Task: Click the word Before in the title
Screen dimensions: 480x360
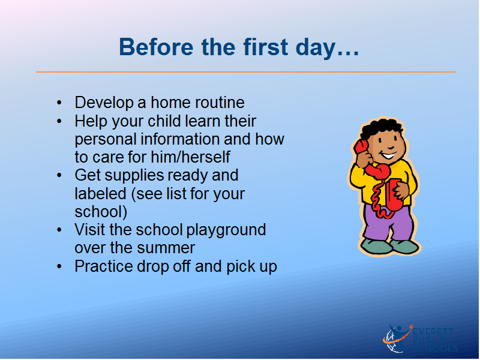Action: [156, 47]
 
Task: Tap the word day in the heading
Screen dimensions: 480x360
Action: [316, 49]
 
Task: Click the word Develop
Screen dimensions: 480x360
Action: [104, 103]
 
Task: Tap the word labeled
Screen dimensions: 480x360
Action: [100, 193]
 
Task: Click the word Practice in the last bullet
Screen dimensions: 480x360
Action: [104, 266]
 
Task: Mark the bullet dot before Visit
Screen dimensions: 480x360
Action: [59, 230]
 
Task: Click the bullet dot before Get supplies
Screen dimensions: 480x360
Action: [59, 175]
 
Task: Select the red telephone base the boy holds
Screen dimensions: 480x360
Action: [394, 194]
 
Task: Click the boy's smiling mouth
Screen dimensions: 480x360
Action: [388, 156]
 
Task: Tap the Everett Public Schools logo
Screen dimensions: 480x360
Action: [420, 339]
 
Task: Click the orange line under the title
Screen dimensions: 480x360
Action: [245, 72]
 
